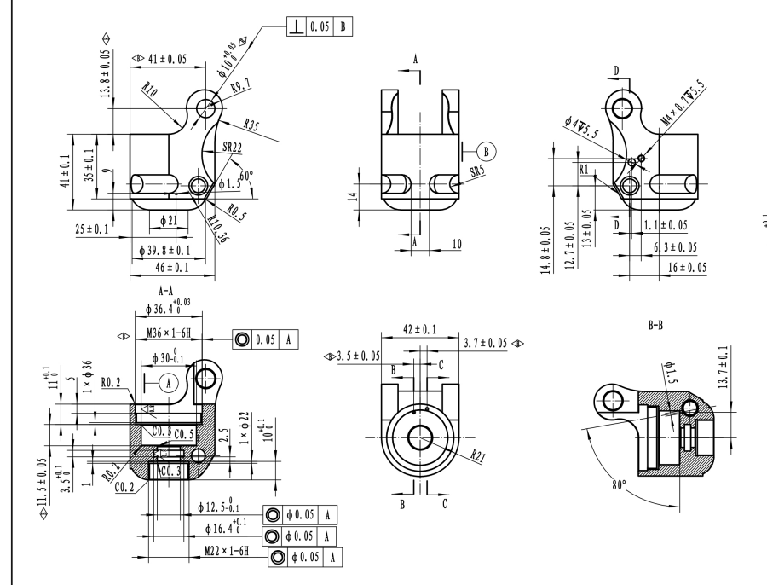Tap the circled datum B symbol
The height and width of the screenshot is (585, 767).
488,151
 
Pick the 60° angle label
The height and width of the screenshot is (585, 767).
247,179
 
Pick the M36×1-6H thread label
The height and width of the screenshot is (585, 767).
168,338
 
